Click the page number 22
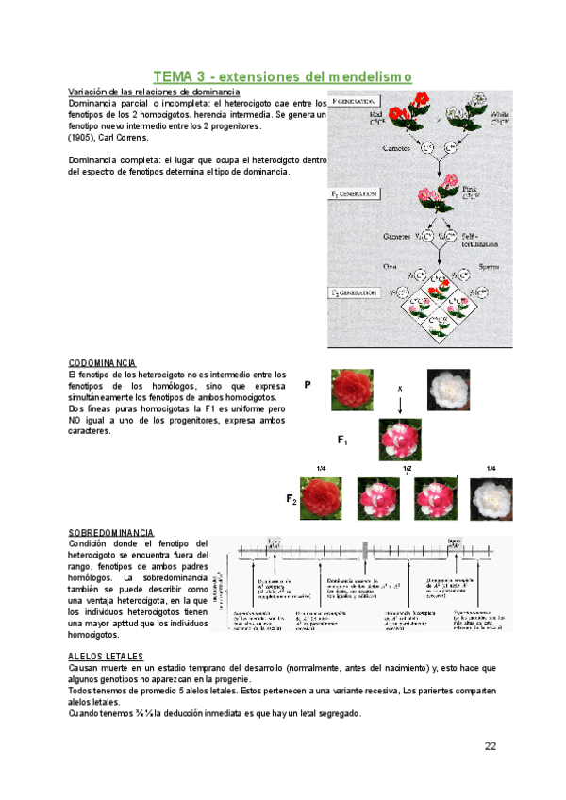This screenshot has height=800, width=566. coord(491,746)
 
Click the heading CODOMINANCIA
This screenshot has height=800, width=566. coord(103,363)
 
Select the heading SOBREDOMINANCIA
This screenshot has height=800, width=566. coord(111,533)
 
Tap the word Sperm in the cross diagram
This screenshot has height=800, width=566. coord(480,267)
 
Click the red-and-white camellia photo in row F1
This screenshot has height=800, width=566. coord(401,440)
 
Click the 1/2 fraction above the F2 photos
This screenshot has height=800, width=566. coord(408,469)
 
